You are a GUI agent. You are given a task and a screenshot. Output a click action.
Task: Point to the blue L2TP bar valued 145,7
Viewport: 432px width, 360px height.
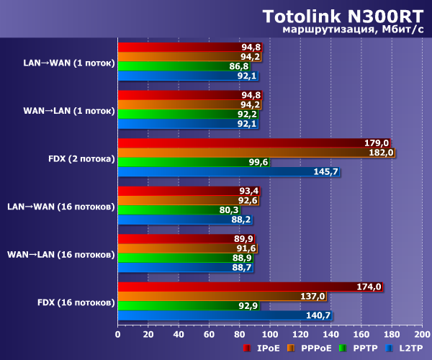(228, 171)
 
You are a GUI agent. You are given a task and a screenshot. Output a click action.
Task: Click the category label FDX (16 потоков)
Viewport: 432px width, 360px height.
(76, 301)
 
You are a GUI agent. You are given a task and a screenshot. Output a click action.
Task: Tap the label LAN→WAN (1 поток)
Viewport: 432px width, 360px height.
(69, 63)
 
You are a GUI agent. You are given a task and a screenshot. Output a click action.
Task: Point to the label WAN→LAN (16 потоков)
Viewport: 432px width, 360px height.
(61, 254)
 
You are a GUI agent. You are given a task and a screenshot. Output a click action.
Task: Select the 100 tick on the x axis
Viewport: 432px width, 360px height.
(269, 334)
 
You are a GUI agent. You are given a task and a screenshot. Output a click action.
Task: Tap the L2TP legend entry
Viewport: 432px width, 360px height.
(410, 348)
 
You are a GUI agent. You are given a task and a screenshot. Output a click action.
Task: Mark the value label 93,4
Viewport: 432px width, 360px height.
(249, 191)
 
